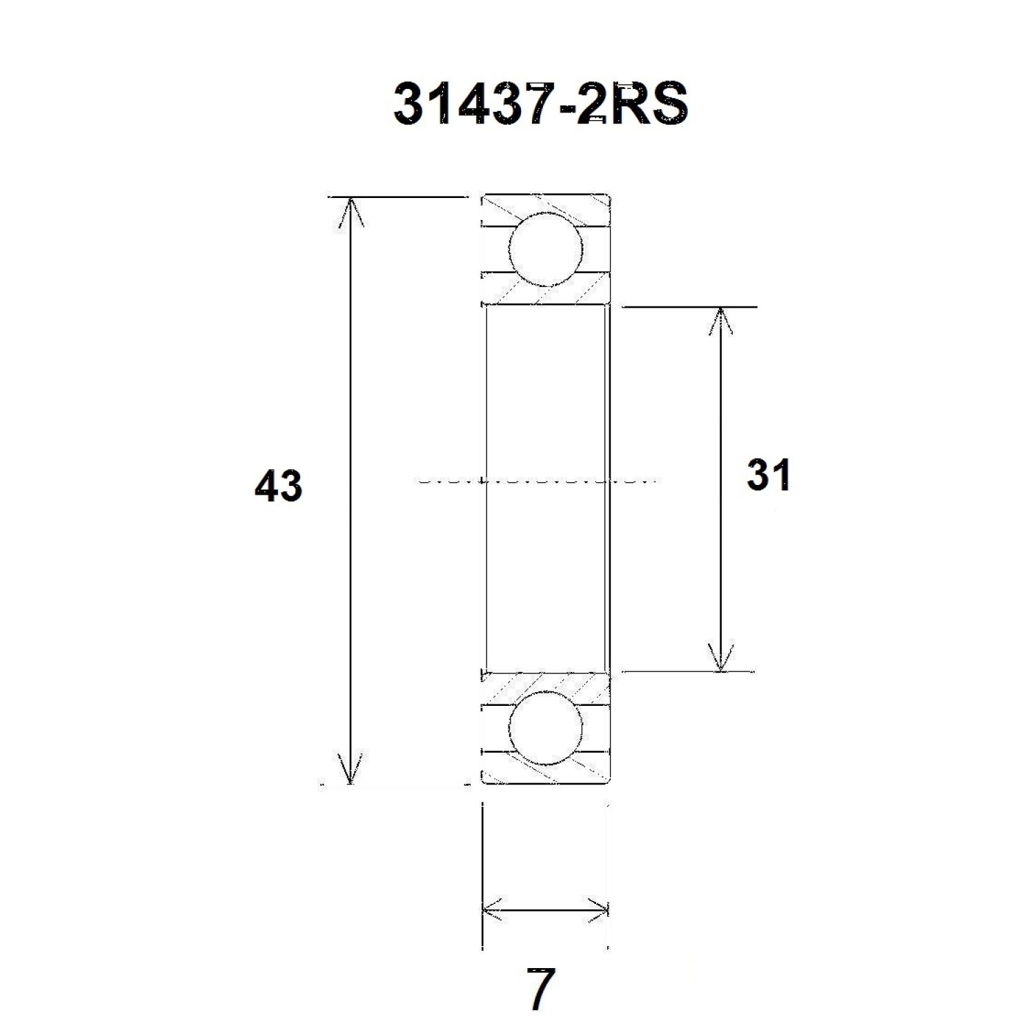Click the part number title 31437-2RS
click(541, 104)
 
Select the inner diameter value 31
click(768, 475)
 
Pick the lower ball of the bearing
click(545, 728)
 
